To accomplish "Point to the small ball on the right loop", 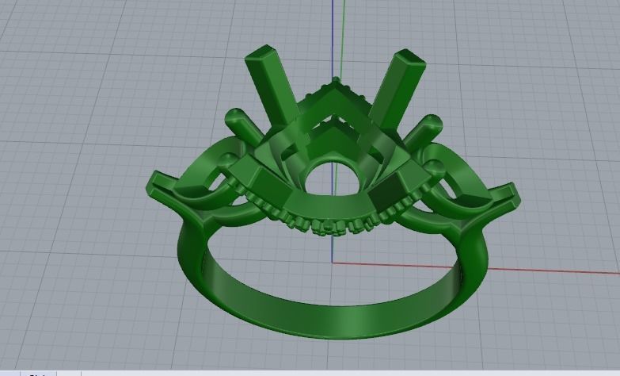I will pos(435,167).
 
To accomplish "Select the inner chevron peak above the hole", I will pos(335,122).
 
